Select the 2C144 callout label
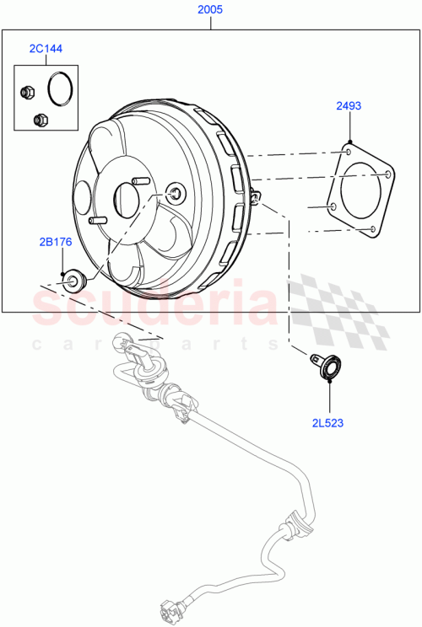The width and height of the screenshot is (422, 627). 46,50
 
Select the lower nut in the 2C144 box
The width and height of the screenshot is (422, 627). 38,120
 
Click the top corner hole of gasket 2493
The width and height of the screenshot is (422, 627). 349,152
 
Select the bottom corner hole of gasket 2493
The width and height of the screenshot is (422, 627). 371,228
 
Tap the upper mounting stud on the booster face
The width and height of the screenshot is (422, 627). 135,181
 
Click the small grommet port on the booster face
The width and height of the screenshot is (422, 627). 175,193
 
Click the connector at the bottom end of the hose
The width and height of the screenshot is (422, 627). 168,609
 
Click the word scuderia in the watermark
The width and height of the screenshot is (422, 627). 152,305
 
